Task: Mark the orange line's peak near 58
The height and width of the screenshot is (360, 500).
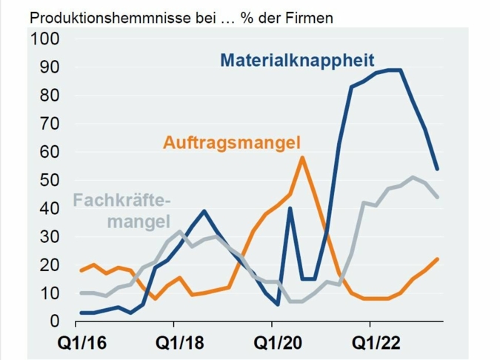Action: (302, 157)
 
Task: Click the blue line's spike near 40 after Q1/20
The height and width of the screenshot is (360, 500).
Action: (290, 208)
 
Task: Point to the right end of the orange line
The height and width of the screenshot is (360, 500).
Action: (438, 259)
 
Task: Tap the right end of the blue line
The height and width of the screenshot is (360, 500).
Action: (438, 169)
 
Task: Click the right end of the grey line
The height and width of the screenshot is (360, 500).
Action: (438, 197)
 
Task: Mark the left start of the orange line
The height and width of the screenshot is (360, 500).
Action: (81, 270)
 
